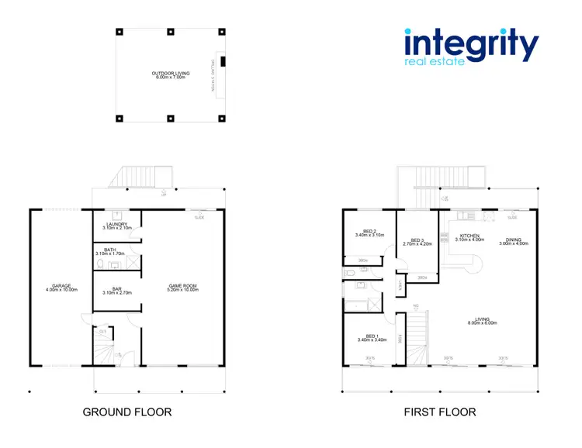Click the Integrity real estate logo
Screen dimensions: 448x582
click(x=470, y=47)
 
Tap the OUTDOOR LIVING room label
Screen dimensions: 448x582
click(x=171, y=73)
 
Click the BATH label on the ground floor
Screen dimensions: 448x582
click(x=110, y=250)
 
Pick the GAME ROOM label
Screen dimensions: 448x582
click(x=183, y=286)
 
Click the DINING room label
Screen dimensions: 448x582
click(x=514, y=240)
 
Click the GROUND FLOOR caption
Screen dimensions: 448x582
click(x=127, y=412)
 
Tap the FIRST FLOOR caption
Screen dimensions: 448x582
click(x=440, y=412)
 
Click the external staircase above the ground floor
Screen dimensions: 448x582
click(x=140, y=178)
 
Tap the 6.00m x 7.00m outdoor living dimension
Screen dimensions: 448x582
click(x=171, y=78)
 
